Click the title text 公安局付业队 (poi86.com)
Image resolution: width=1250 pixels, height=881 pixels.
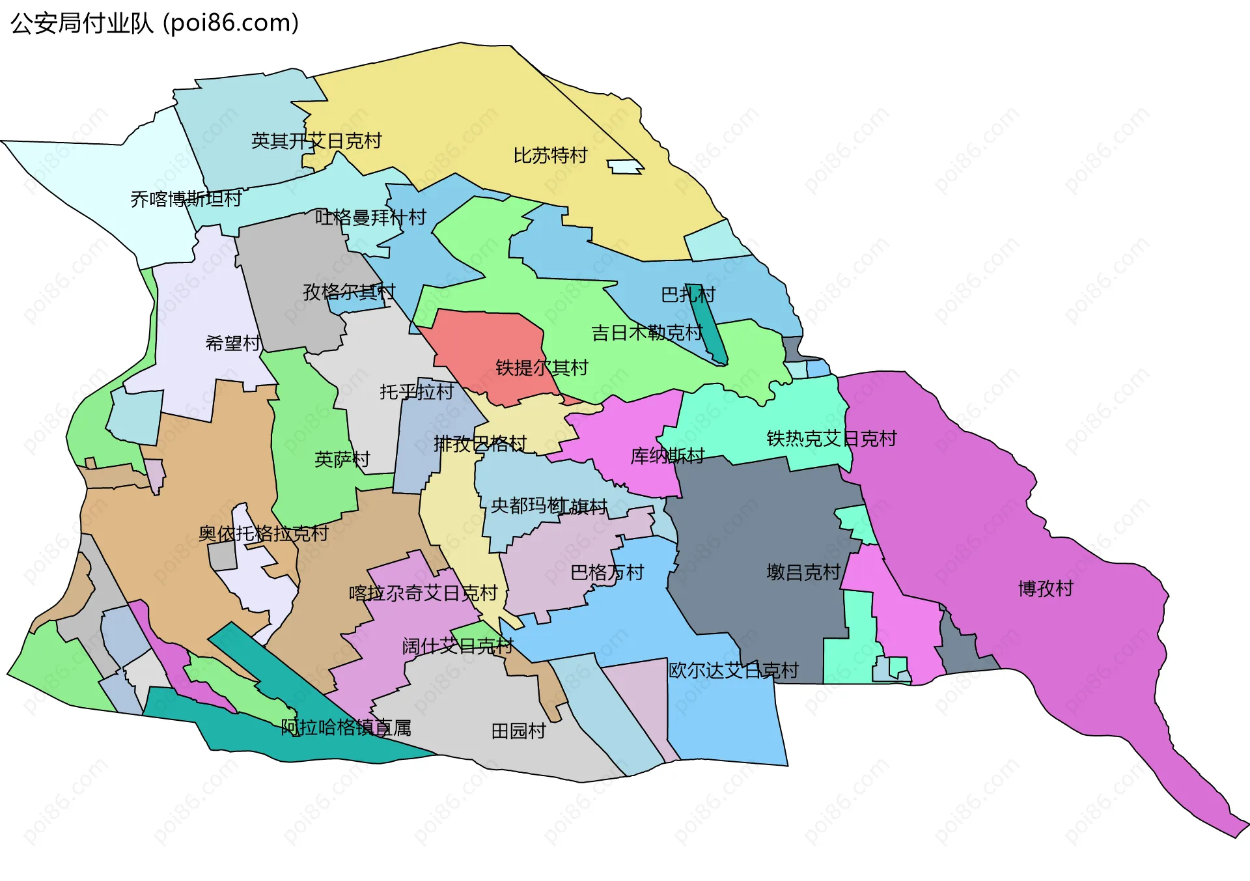pyautogui.click(x=154, y=23)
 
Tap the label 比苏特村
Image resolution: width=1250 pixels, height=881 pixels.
pyautogui.click(x=550, y=156)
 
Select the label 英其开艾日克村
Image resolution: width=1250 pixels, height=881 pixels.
pyautogui.click(x=316, y=141)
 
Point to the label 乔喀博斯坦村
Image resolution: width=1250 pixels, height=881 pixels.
pyautogui.click(x=186, y=199)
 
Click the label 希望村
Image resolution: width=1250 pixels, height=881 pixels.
pyautogui.click(x=233, y=343)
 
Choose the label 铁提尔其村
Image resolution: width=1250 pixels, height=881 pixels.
pyautogui.click(x=542, y=368)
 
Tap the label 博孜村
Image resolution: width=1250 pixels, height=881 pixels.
pyautogui.click(x=1046, y=589)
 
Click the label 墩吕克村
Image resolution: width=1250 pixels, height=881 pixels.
pyautogui.click(x=803, y=572)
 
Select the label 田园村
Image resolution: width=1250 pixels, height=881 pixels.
pyautogui.click(x=518, y=731)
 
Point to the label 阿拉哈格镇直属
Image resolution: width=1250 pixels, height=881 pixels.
pyautogui.click(x=346, y=727)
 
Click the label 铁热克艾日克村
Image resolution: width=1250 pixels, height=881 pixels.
pyautogui.click(x=831, y=439)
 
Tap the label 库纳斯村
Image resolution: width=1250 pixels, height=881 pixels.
pyautogui.click(x=667, y=456)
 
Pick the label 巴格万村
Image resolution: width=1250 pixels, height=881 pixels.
pyautogui.click(x=607, y=573)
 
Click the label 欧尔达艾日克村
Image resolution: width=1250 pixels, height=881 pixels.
pyautogui.click(x=733, y=671)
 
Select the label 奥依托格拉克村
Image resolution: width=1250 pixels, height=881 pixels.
pyautogui.click(x=263, y=534)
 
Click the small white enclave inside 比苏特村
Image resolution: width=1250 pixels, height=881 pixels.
pyautogui.click(x=626, y=167)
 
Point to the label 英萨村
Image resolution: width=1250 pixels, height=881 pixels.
pyautogui.click(x=342, y=460)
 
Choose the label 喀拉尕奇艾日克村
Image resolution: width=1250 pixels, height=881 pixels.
pyautogui.click(x=423, y=593)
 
